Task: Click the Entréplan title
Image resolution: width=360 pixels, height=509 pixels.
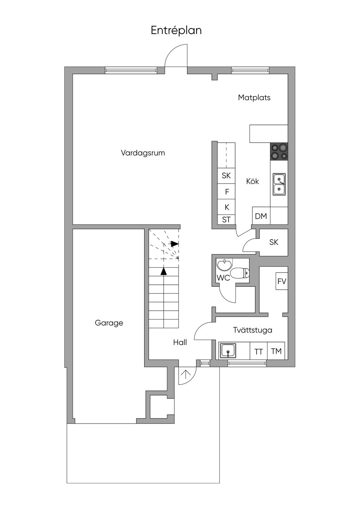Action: [x=176, y=31]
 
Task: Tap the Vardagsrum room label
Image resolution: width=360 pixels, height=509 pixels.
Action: [x=143, y=153]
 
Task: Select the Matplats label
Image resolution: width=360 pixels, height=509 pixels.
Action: [x=254, y=97]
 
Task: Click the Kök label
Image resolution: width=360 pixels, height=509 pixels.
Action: [x=252, y=181]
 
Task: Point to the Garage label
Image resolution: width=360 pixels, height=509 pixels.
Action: [x=109, y=323]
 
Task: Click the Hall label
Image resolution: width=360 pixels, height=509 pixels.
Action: [x=180, y=342]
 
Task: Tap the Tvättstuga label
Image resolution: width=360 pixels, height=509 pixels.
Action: [x=252, y=330]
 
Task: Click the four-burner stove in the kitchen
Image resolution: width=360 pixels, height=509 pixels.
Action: [x=279, y=152]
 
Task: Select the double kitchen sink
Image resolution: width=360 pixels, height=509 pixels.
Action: [x=279, y=185]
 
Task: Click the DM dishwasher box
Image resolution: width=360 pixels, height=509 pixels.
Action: [x=261, y=216]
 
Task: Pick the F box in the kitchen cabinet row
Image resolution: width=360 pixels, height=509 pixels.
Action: [x=227, y=192]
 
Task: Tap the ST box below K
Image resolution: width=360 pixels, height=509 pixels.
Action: [x=226, y=220]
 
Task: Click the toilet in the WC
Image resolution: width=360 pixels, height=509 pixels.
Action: [x=240, y=273]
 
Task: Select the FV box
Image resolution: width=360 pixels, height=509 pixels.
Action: [x=282, y=281]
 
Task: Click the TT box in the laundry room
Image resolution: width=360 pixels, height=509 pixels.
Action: [x=259, y=352]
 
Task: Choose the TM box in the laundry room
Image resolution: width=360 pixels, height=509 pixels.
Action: [x=276, y=351]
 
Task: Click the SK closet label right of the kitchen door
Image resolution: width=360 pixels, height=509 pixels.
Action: [x=274, y=242]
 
